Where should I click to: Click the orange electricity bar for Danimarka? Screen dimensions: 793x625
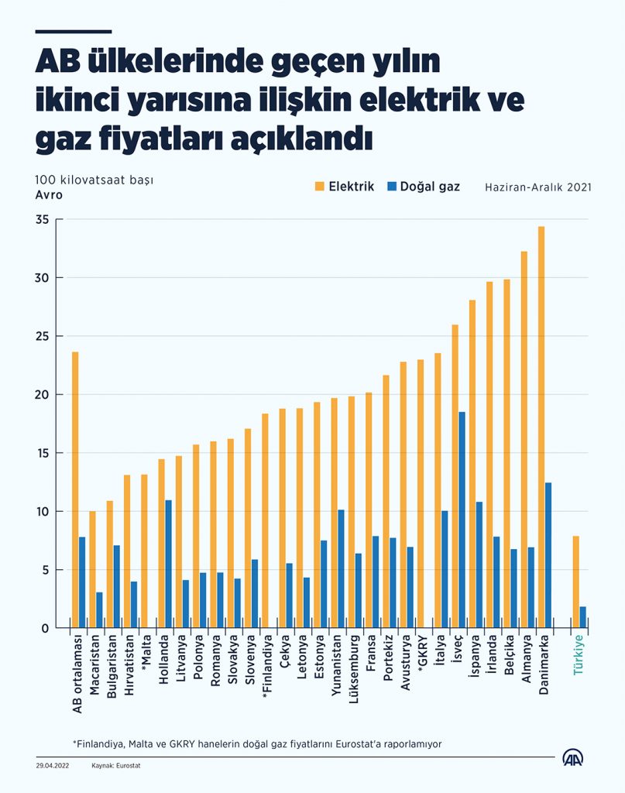pyautogui.click(x=541, y=426)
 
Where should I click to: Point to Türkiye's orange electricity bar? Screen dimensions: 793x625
pyautogui.click(x=575, y=581)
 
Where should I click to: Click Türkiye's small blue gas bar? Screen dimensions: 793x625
pyautogui.click(x=583, y=617)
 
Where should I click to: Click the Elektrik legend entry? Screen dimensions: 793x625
pyautogui.click(x=345, y=187)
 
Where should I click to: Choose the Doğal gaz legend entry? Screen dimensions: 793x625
pyautogui.click(x=424, y=187)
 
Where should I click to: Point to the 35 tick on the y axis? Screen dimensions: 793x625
pyautogui.click(x=42, y=220)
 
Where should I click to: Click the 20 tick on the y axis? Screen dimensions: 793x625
pyautogui.click(x=42, y=395)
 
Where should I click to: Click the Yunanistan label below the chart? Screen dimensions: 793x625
pyautogui.click(x=335, y=666)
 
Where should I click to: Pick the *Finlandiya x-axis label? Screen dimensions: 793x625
pyautogui.click(x=266, y=668)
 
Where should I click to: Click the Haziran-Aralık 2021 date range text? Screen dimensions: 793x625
pyautogui.click(x=538, y=187)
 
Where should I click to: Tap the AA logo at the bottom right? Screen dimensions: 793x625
pyautogui.click(x=574, y=758)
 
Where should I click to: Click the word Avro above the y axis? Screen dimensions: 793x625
pyautogui.click(x=48, y=194)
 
